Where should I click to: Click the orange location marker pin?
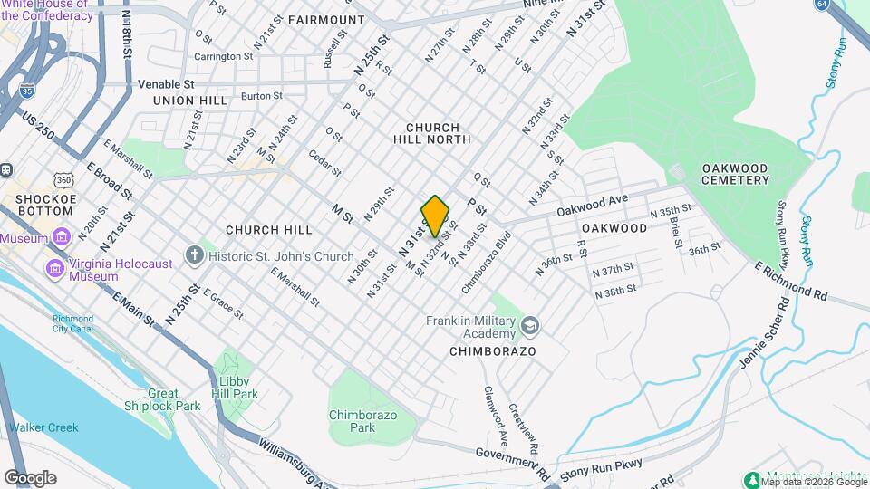[436, 216]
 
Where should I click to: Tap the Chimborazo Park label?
[362, 421]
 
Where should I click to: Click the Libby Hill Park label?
[233, 388]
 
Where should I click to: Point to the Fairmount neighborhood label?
[326, 19]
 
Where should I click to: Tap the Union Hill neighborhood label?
[190, 100]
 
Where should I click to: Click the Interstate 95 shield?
[27, 91]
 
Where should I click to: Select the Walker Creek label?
[43, 427]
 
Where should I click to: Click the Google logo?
[30, 478]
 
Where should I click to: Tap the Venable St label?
[161, 82]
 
